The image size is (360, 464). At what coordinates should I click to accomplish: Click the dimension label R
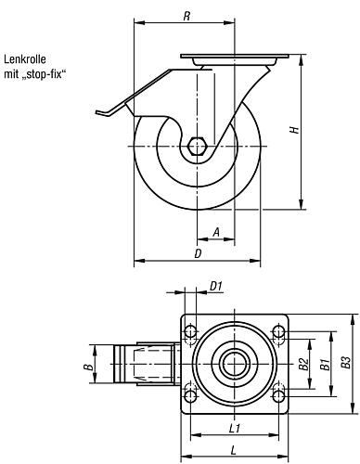point(186,16)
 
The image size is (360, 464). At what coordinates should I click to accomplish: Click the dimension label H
point(295,129)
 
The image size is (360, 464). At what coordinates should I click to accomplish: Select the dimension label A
point(217,232)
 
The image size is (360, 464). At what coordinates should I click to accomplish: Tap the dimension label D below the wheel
point(198,253)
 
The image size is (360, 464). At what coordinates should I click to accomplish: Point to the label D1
point(216,287)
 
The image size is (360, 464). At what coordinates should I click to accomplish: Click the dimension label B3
point(346,363)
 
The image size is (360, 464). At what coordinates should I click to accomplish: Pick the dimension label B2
point(303,364)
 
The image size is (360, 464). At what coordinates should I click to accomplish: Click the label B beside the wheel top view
point(89,367)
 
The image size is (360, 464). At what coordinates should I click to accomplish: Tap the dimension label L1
point(235,428)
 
